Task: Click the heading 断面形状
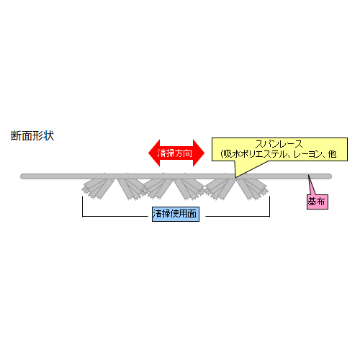(32, 135)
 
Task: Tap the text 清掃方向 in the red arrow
(175, 153)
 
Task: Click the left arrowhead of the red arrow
(154, 153)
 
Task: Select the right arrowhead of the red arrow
(199, 153)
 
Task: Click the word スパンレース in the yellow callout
(279, 144)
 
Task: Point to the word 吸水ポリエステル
(256, 154)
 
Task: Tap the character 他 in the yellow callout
(332, 154)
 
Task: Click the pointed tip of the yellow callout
(235, 178)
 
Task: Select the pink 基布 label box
(318, 202)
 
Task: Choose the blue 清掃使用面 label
(176, 214)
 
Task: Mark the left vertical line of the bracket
(82, 207)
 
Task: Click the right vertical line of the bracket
(270, 207)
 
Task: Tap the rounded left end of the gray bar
(22, 176)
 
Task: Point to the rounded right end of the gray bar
(330, 176)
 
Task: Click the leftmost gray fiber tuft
(98, 189)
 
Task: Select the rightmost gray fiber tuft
(253, 189)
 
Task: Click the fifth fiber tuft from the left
(220, 189)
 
